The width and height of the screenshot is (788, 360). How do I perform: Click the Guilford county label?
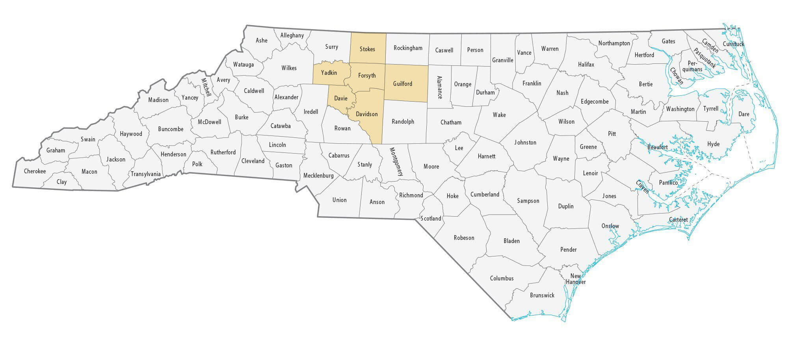(402, 84)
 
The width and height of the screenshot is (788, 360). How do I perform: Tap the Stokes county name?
(367, 49)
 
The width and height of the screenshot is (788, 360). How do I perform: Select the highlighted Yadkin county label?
(329, 73)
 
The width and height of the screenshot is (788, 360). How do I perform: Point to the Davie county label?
(341, 98)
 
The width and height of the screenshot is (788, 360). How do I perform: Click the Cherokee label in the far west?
(35, 171)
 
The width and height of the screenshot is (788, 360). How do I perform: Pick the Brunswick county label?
(542, 295)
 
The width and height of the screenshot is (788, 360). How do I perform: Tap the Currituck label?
(733, 44)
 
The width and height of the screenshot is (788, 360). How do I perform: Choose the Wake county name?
(499, 115)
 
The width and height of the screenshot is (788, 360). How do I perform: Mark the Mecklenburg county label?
(318, 176)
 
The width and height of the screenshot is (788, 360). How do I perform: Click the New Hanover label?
(576, 279)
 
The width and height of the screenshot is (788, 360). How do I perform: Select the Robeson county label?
(464, 238)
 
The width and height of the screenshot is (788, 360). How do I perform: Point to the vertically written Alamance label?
(439, 87)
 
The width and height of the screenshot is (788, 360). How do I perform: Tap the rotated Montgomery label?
(396, 161)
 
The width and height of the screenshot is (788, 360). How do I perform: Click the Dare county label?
(743, 114)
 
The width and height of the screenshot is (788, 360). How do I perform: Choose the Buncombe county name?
(171, 129)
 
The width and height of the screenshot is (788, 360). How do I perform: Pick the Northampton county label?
(614, 43)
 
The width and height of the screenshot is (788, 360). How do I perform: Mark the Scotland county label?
(431, 219)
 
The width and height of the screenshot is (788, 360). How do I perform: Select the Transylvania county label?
(146, 174)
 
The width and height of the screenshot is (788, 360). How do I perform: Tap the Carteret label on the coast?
(678, 220)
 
